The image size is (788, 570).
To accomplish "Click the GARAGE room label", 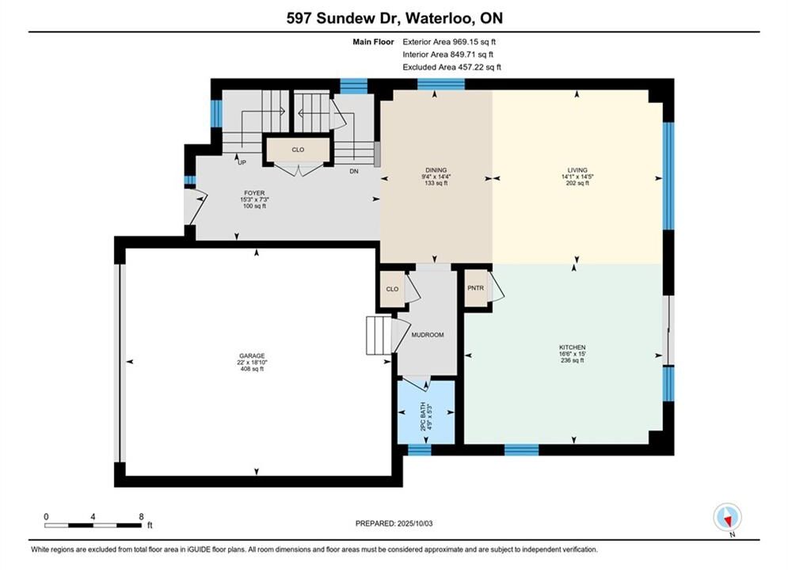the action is click(x=252, y=356).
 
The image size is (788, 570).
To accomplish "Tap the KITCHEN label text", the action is click(x=573, y=348).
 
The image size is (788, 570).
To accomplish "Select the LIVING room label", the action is click(x=577, y=170).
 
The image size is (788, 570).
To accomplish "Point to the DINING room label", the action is click(x=436, y=170).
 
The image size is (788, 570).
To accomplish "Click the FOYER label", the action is click(x=254, y=193).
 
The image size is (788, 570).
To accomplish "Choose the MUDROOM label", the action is click(x=428, y=335).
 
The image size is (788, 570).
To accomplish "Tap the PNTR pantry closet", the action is click(x=476, y=287).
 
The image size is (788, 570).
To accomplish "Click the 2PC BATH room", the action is click(x=426, y=412).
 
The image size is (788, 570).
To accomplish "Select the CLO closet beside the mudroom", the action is click(x=392, y=289).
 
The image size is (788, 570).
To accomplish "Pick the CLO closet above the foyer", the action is click(x=298, y=150).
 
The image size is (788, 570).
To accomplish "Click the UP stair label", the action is click(x=242, y=163).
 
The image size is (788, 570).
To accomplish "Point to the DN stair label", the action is click(x=354, y=171).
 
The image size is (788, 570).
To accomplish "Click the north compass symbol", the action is click(x=727, y=517).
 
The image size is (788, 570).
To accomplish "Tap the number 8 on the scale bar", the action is click(x=141, y=516).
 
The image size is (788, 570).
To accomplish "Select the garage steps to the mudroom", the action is click(x=379, y=336).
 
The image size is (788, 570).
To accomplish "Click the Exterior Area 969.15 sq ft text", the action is click(x=449, y=42).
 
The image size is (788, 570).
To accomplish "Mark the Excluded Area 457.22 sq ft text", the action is click(x=451, y=66).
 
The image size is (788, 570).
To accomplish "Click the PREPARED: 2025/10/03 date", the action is click(x=394, y=523).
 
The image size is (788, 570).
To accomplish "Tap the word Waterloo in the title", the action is click(x=439, y=18).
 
